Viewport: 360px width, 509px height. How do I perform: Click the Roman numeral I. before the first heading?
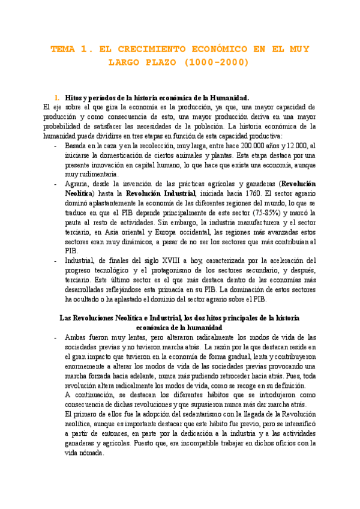point(57,97)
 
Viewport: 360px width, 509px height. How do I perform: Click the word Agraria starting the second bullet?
point(77,183)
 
